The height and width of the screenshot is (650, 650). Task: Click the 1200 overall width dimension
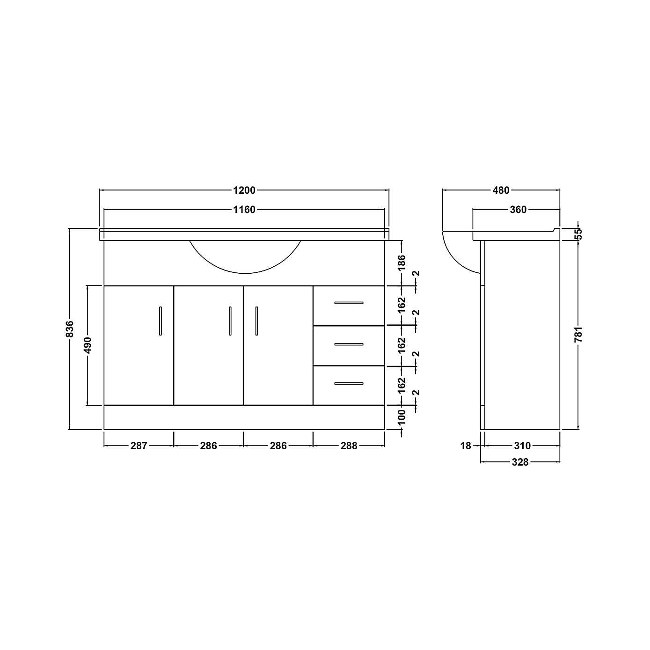point(244,190)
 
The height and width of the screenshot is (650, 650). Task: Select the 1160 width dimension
point(244,210)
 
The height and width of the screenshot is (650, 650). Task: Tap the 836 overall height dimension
point(70,329)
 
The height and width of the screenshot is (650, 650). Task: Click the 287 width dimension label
point(139,446)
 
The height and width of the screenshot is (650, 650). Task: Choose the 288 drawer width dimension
point(349,446)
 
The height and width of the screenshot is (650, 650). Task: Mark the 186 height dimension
point(402,263)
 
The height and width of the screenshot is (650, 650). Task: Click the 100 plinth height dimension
point(402,417)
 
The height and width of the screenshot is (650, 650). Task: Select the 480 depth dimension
point(501,190)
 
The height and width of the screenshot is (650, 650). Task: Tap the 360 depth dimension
point(518,210)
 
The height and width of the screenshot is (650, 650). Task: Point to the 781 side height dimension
point(578,334)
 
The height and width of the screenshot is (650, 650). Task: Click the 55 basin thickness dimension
point(578,234)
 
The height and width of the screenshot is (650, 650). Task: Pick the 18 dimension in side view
point(466,446)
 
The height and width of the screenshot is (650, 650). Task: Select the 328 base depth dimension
point(520,462)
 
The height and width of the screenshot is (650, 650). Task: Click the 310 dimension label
point(522,446)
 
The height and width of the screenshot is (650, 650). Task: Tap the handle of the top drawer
point(349,303)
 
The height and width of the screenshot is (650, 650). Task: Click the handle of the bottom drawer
point(349,384)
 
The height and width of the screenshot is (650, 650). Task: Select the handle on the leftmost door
point(161,321)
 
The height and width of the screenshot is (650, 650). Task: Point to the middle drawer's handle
point(349,344)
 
